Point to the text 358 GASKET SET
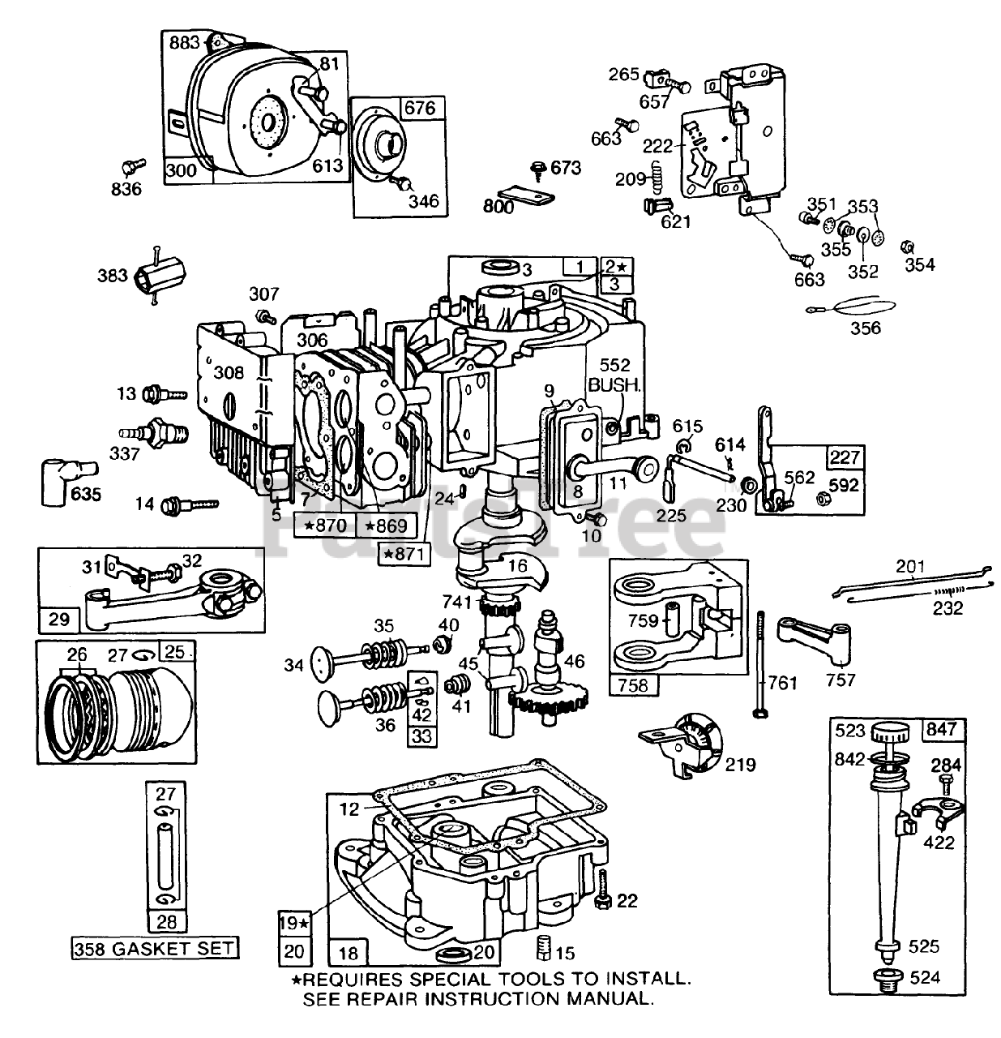click(x=153, y=948)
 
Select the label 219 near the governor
click(x=740, y=764)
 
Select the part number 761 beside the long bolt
click(x=783, y=683)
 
